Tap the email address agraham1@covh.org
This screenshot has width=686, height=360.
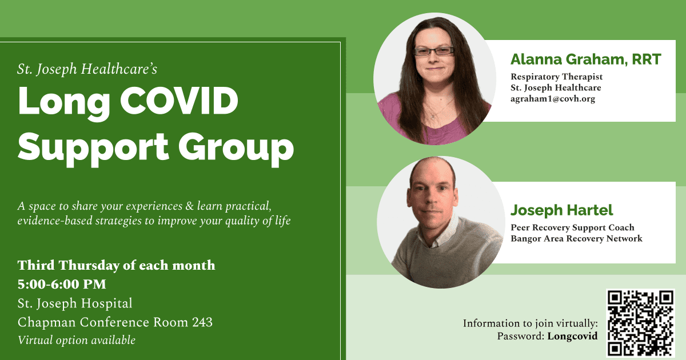553,99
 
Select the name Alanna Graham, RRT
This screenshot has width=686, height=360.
586,59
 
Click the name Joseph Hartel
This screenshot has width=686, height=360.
561,210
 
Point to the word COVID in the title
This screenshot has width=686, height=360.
179,101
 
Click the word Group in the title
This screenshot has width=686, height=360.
236,150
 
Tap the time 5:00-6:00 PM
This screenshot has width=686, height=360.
62,284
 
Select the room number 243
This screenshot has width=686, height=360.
202,322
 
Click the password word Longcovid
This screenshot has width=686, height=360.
572,336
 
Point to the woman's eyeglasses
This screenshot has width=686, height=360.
434,51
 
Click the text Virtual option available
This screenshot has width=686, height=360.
76,341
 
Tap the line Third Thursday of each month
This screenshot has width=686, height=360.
117,265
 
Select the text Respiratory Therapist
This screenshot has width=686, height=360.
556,77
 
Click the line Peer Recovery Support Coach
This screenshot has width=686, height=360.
572,227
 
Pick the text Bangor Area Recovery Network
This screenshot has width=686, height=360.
576,238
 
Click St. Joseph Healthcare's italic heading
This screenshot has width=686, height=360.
87,69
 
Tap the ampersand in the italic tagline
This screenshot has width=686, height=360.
190,206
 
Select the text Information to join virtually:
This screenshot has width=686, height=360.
530,323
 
